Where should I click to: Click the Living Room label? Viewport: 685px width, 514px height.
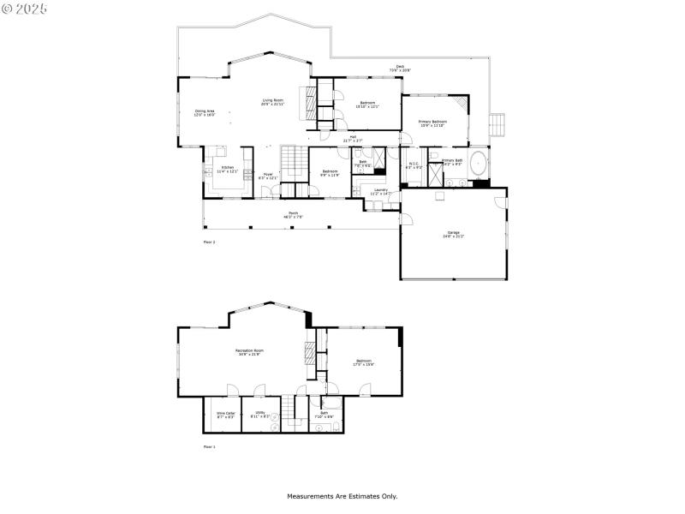[273, 103]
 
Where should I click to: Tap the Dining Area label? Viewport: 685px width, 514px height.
[205, 112]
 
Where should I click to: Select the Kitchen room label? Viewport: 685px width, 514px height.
[227, 170]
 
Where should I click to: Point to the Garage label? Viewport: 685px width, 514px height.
[453, 234]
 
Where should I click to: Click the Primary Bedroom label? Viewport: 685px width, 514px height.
[432, 124]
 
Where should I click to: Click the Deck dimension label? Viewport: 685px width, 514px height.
[399, 69]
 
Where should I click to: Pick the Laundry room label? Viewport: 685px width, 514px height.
[380, 192]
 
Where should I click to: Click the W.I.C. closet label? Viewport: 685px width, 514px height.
[414, 165]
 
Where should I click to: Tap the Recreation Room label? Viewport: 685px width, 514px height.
[249, 353]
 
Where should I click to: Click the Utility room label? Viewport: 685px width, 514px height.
[259, 415]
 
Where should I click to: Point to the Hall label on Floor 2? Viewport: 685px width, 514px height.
[353, 138]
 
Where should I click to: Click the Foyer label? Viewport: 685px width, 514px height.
[268, 176]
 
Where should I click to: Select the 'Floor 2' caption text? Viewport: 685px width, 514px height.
[209, 243]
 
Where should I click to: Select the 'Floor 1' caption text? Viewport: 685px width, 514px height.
[209, 447]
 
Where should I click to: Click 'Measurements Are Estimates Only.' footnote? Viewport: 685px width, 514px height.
[342, 496]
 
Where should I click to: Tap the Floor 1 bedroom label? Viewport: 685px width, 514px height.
[364, 363]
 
